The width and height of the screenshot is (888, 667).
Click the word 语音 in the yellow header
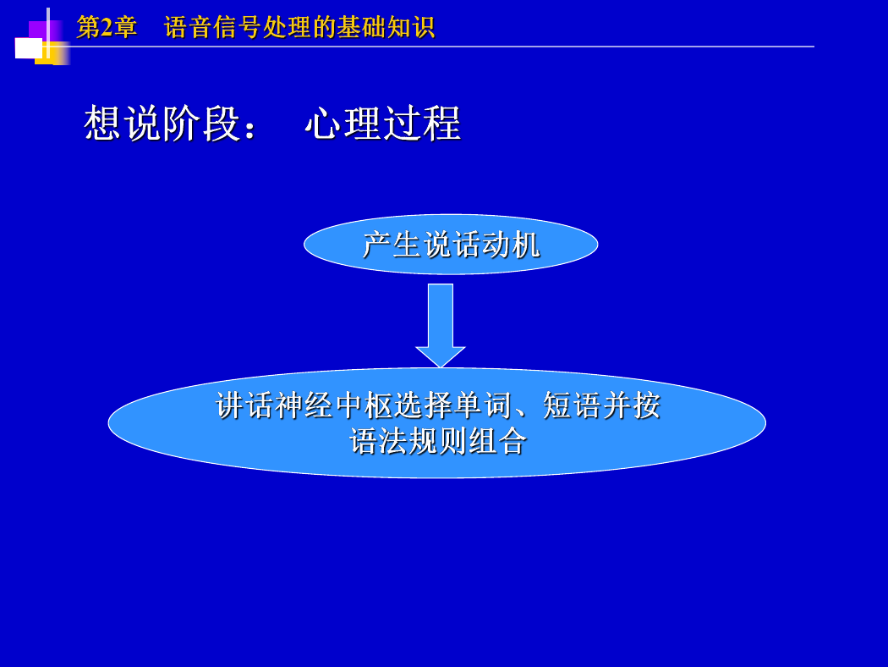pos(188,27)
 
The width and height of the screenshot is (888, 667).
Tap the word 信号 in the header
pos(238,27)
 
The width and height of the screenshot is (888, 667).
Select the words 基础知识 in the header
pos(386,27)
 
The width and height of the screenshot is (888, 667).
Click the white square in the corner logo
pos(28,48)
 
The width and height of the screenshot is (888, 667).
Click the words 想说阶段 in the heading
pos(162,123)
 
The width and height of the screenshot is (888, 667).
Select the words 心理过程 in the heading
pos(383,123)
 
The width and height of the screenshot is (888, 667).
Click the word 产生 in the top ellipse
pos(392,245)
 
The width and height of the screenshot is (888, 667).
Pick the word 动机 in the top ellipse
pos(511,245)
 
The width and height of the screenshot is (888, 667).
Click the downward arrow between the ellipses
pos(441,325)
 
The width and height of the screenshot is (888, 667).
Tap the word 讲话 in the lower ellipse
pos(244,405)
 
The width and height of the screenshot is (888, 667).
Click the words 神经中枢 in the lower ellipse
pos(334,405)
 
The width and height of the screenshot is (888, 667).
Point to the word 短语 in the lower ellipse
pos(572,405)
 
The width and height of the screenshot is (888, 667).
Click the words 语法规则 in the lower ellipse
pos(408,442)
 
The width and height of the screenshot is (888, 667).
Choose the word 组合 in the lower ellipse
pos(498,442)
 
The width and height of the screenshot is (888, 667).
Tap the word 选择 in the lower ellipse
pos(424,405)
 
